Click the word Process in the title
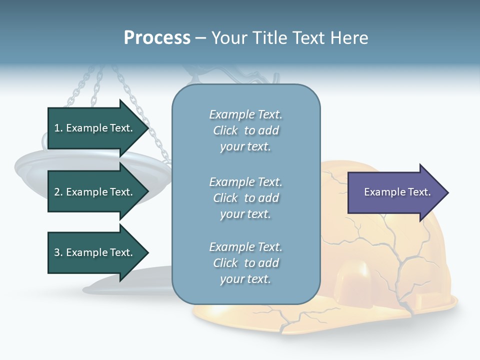[157, 38]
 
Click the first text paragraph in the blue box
[245, 130]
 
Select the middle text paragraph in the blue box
[245, 198]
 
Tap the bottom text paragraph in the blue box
[245, 263]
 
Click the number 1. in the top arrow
[58, 128]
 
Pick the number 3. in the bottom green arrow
[58, 253]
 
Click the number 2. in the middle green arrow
[58, 192]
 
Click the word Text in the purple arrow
[419, 192]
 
